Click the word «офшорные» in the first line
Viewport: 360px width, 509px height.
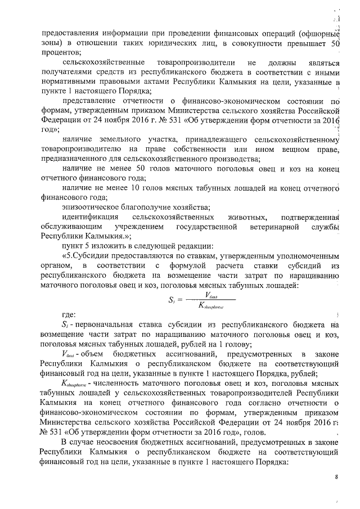click(x=318, y=32)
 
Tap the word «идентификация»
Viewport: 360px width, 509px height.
click(x=89, y=217)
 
